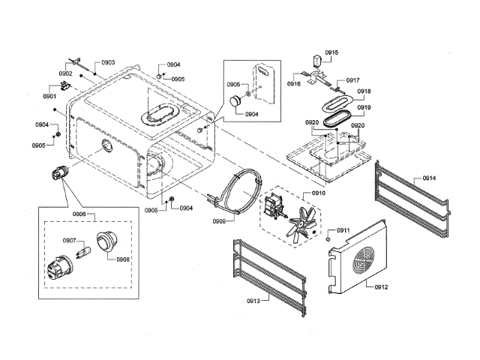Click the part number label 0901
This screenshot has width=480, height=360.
pyautogui.click(x=50, y=97)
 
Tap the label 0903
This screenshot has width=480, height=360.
pyautogui.click(x=108, y=62)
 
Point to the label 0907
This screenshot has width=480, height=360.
pyautogui.click(x=69, y=241)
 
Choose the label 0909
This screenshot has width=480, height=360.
pyautogui.click(x=220, y=220)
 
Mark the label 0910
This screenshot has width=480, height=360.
pyautogui.click(x=318, y=193)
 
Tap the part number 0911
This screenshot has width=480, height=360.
pyautogui.click(x=343, y=230)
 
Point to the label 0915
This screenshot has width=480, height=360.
pyautogui.click(x=331, y=52)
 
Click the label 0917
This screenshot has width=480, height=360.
pyautogui.click(x=352, y=80)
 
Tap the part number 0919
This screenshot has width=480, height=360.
pyautogui.click(x=364, y=107)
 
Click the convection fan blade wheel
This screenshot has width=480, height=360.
pyautogui.click(x=304, y=222)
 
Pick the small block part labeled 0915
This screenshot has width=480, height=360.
pyautogui.click(x=317, y=61)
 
